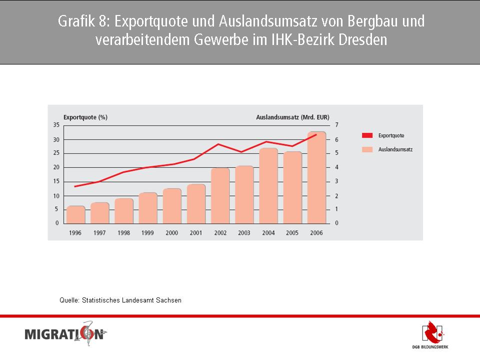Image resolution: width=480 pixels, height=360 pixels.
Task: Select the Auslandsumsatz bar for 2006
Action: pos(316,177)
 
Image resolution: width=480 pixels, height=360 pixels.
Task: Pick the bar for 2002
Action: pos(220,195)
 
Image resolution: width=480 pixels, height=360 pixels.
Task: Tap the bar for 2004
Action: pos(268,185)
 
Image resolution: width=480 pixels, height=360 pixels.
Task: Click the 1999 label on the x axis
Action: pos(147,232)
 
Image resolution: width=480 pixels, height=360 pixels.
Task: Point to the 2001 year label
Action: pos(196,232)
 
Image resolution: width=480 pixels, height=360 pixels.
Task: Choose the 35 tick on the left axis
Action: pos(56,124)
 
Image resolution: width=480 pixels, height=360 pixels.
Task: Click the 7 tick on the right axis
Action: pos(336,124)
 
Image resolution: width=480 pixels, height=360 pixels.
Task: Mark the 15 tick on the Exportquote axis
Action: pos(56,181)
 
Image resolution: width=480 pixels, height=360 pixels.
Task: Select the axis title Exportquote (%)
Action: pos(85,117)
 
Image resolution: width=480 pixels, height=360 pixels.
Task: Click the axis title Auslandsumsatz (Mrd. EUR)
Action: pos(292,117)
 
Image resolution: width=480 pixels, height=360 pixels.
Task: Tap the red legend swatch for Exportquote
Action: pos(367,135)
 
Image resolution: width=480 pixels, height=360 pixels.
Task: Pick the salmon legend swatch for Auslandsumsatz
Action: pos(367,149)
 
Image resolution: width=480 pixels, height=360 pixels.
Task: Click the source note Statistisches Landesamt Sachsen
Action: pos(120,300)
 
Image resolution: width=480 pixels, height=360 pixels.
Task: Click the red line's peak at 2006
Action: pos(316,134)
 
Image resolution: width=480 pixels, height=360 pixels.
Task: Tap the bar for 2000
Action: pos(172,205)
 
